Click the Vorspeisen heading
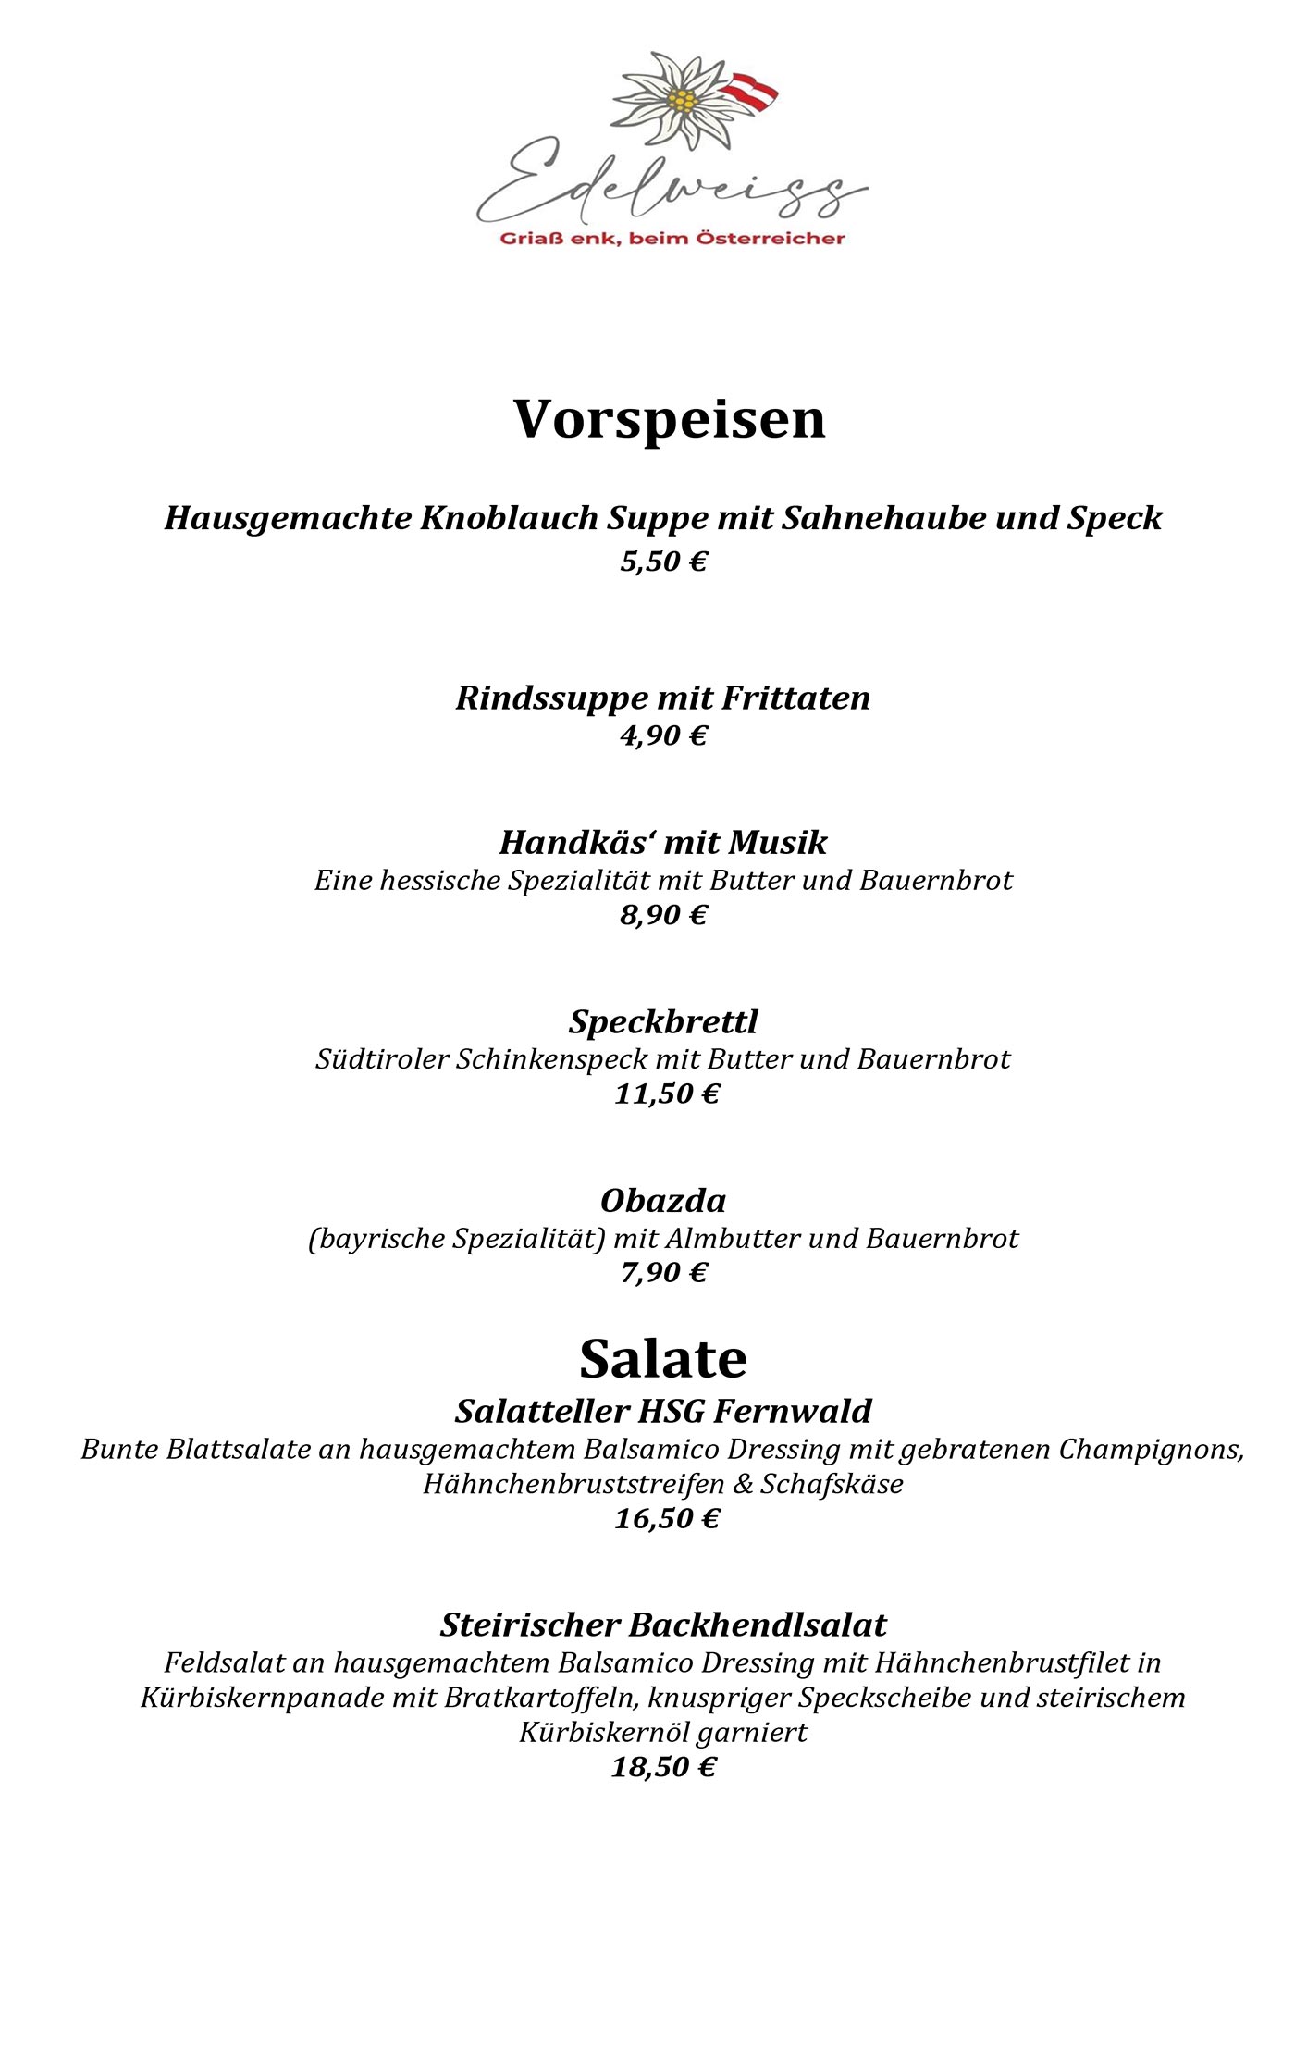point(669,419)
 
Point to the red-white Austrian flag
point(750,93)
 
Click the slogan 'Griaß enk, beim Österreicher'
point(672,239)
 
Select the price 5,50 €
point(663,562)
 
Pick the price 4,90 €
point(663,735)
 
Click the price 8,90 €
point(663,915)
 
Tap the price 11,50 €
point(666,1094)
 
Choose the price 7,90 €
point(663,1273)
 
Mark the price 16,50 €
point(666,1518)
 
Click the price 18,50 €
point(663,1767)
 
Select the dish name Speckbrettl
point(663,1021)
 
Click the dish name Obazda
point(663,1201)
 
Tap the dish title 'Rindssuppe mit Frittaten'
point(663,698)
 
